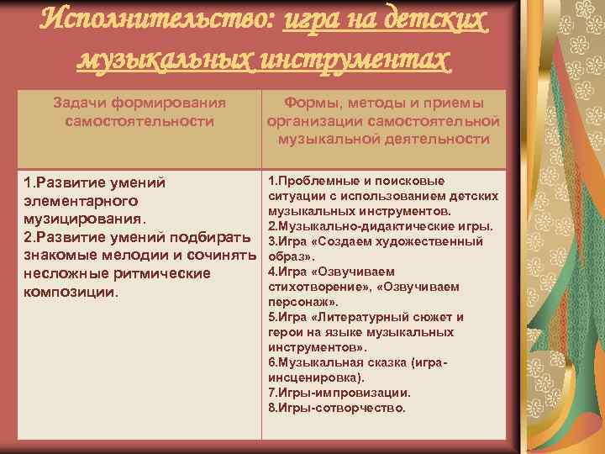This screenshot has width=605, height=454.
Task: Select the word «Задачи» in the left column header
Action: point(80,103)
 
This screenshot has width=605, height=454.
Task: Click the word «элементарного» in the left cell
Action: point(81,202)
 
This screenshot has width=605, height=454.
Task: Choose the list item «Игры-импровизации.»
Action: point(339,393)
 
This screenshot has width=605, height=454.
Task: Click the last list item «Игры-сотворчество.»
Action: point(336,408)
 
